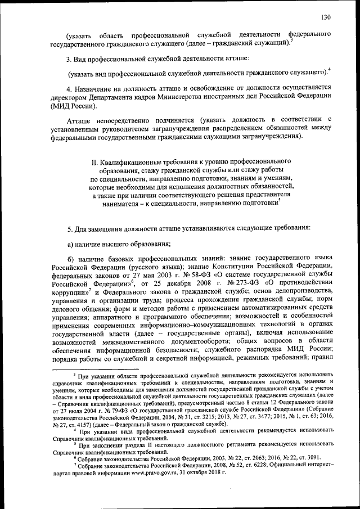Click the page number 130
pyautogui.click(x=325, y=16)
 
